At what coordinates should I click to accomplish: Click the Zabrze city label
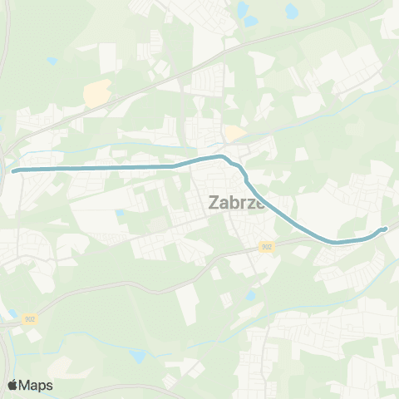[236, 201]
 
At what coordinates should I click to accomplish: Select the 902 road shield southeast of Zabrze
[266, 246]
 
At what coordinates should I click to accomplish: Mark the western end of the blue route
[14, 170]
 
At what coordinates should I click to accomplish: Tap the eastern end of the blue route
[385, 229]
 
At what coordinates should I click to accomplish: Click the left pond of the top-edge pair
[243, 10]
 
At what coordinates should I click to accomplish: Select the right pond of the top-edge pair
[292, 12]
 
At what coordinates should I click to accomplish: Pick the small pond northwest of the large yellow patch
[52, 61]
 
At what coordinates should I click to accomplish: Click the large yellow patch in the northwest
[97, 95]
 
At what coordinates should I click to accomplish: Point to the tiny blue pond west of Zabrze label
[121, 213]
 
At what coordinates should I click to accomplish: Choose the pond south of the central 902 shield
[250, 295]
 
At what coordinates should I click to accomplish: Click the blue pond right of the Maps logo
[136, 357]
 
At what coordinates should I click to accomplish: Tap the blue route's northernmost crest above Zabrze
[219, 156]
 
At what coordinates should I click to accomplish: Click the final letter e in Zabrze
[259, 202]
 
